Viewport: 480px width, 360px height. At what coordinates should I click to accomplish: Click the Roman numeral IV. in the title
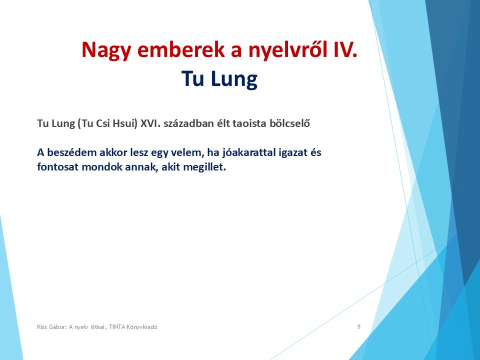345,49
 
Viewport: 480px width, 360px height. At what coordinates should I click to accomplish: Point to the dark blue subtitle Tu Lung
219,78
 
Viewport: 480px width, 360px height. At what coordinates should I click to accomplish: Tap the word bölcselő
289,123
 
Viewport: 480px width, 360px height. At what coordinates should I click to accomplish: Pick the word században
188,123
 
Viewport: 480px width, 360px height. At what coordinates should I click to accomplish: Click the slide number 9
359,326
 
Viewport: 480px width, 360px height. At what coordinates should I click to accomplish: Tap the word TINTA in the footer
117,327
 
